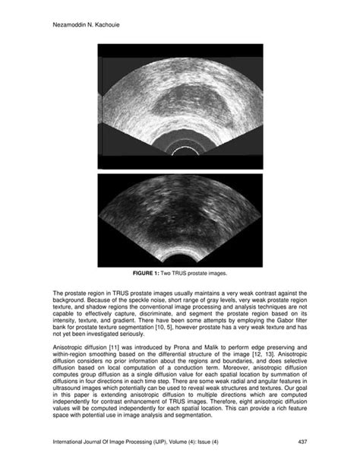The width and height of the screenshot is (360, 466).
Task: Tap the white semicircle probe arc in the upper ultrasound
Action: click(180, 151)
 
